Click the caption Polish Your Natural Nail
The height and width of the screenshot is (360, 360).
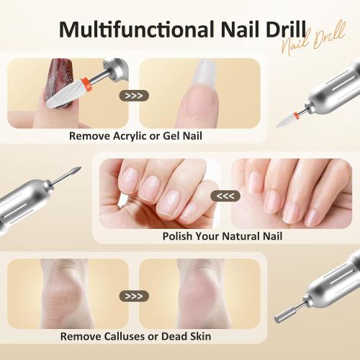pos(222,236)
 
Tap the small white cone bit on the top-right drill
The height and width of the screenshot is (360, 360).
pos(289,119)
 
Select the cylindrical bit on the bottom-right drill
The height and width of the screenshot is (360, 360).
pos(282,315)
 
